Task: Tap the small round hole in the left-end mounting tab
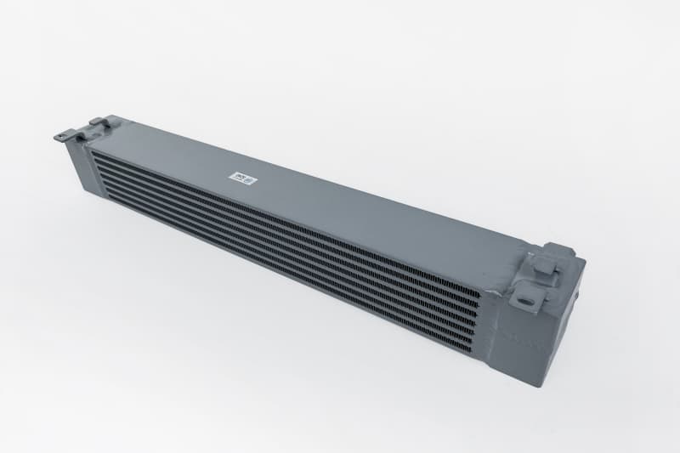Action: click(x=63, y=133)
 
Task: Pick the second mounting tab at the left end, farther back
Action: click(x=99, y=124)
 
